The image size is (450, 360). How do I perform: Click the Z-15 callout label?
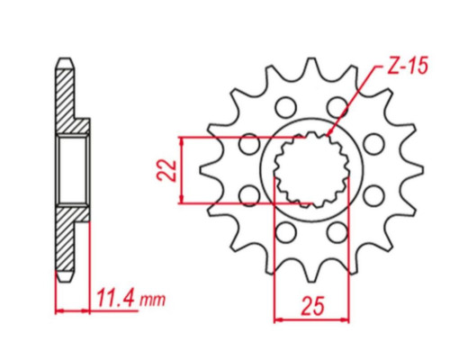point(407,67)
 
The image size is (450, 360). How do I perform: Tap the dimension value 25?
point(312,307)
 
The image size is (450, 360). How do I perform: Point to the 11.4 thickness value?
point(116,299)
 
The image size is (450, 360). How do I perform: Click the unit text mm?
point(153,300)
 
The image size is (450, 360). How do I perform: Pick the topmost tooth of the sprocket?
point(312,65)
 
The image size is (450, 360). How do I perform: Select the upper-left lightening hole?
point(285,107)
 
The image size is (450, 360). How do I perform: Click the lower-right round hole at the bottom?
point(337,232)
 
